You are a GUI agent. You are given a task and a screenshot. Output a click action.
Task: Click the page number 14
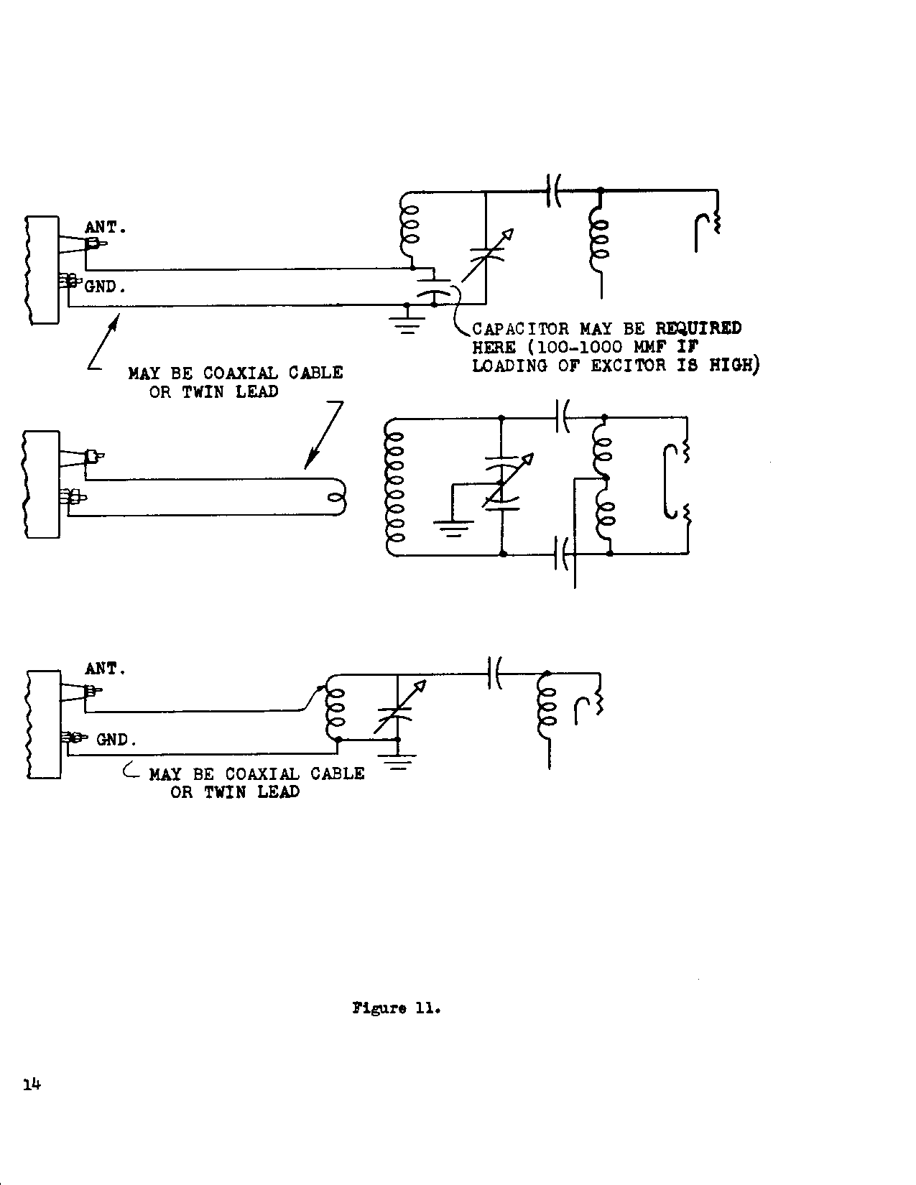[x=31, y=1084]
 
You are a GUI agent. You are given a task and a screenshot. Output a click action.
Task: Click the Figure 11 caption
[x=396, y=1008]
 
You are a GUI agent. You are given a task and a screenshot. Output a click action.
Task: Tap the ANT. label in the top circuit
[x=106, y=227]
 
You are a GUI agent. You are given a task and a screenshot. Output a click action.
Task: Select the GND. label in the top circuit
[x=106, y=287]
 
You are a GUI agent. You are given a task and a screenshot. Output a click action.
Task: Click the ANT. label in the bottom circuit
[x=105, y=669]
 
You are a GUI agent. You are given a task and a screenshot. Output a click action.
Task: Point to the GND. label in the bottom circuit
[x=116, y=739]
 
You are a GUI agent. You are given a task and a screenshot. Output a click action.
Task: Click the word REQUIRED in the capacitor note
[x=698, y=328]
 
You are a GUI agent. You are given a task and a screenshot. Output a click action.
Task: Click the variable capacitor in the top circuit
[x=486, y=256]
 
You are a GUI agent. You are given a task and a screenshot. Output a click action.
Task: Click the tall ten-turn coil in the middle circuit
[x=396, y=488]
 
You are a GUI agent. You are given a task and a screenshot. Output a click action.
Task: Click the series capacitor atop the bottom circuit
[x=494, y=673]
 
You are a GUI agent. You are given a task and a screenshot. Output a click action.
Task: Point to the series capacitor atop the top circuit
[x=553, y=190]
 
